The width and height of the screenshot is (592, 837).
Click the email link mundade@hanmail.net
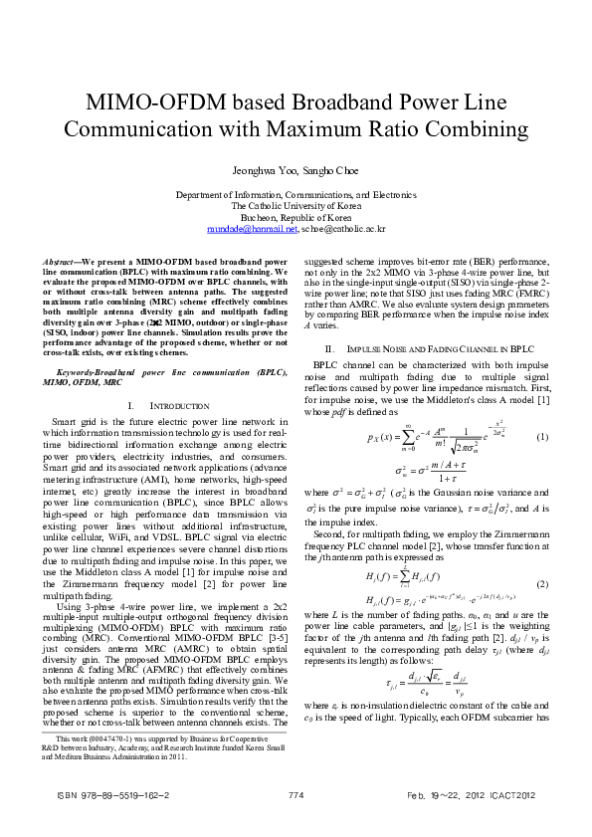(x=253, y=228)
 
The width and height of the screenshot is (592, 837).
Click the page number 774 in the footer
(x=296, y=795)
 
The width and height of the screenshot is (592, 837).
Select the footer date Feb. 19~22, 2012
(x=455, y=795)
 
